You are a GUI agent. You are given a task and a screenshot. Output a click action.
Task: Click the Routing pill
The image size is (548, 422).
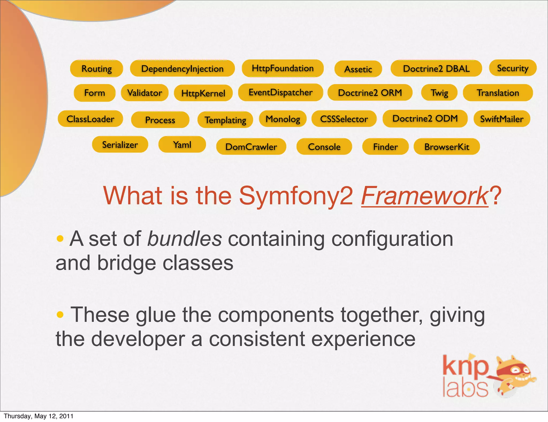[x=97, y=69]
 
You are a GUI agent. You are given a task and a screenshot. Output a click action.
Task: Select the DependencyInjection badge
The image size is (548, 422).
[x=182, y=69]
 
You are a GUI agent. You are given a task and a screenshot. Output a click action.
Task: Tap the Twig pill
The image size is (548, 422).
[x=439, y=93]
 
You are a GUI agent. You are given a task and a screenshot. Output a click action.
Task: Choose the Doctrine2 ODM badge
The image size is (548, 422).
[x=425, y=119]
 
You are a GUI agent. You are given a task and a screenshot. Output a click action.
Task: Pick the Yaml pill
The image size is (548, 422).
[x=182, y=145]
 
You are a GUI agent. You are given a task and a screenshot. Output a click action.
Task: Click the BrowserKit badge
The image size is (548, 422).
[x=447, y=147]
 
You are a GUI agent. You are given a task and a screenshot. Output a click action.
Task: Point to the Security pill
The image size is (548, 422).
[x=513, y=68]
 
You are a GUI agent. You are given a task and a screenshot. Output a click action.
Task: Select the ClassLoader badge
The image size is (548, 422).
[x=90, y=119]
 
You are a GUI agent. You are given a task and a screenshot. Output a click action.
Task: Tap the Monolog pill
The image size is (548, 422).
[x=283, y=119]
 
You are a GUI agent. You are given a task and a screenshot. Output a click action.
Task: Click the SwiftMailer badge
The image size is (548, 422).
[x=502, y=119]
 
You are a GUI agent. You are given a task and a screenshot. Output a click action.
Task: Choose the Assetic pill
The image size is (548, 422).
[x=358, y=69]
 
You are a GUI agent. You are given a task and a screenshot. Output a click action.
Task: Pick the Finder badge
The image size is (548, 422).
[x=385, y=147]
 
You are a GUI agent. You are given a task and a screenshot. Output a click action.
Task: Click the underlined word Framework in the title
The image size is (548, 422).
[x=425, y=196]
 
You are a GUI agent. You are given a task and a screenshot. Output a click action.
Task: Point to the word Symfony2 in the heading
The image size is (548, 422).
[x=296, y=196]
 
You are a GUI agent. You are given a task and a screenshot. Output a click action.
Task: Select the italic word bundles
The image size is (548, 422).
[x=185, y=239]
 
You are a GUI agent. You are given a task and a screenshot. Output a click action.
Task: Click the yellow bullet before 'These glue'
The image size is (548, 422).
[x=60, y=314]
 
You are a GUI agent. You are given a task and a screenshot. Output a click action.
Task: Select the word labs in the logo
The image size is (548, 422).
[x=465, y=388]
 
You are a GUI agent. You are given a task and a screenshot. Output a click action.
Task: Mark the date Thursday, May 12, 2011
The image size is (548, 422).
[x=39, y=416]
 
